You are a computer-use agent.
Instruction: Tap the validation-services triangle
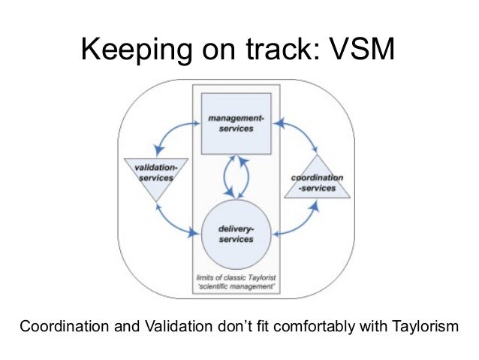[154, 176]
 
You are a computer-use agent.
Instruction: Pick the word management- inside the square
[236, 119]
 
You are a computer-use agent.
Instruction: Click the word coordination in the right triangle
[318, 178]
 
